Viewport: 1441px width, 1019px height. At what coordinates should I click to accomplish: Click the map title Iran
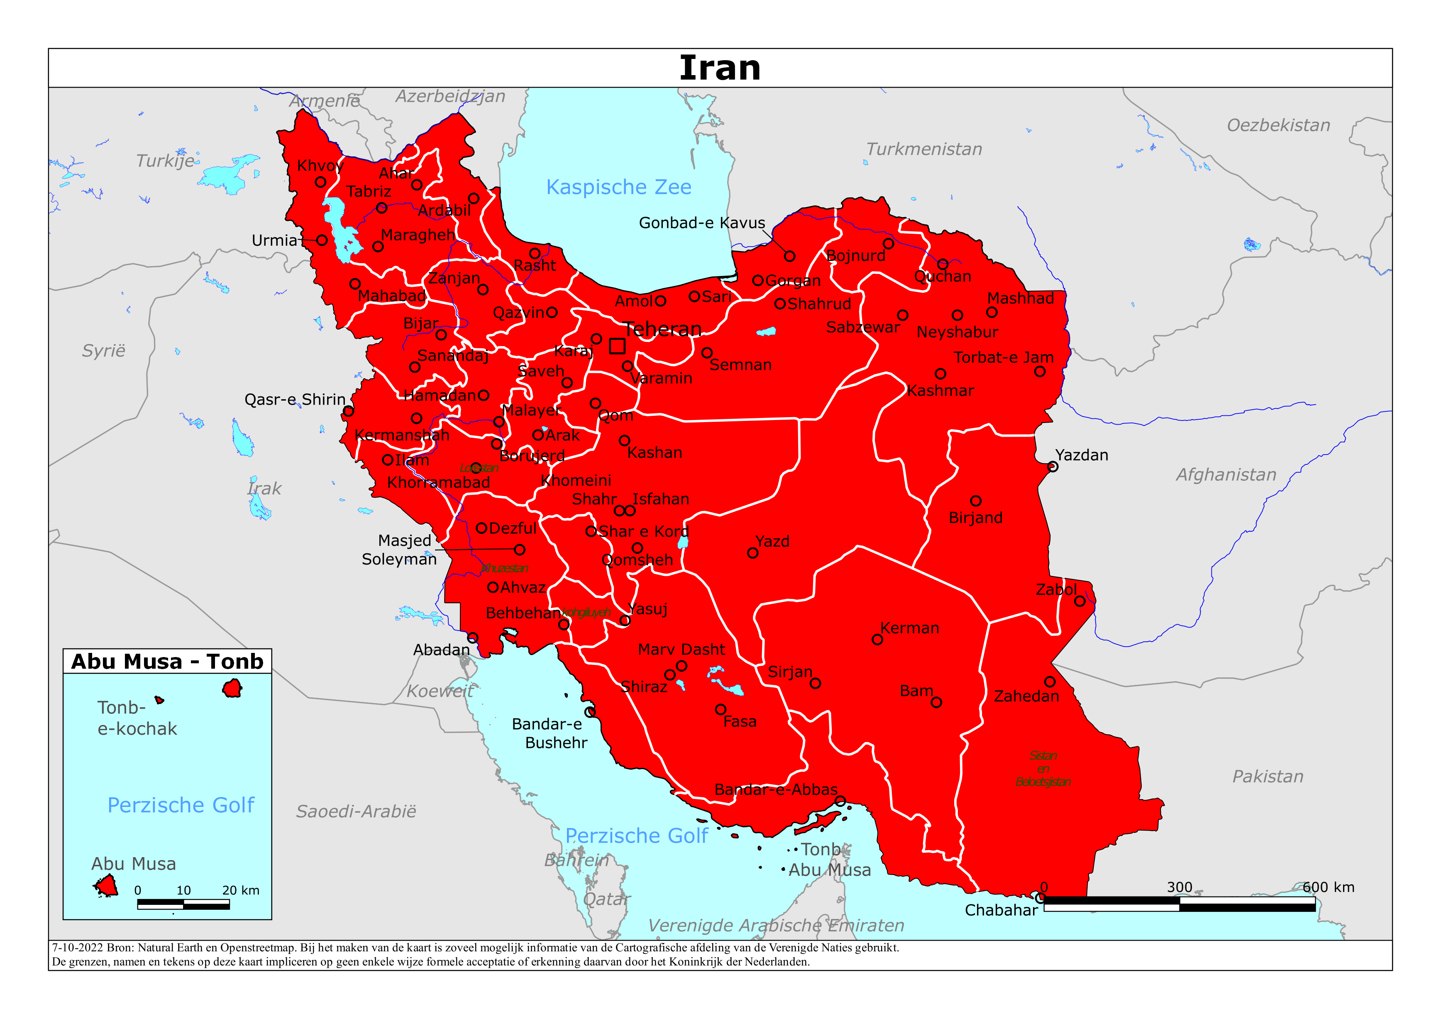720,68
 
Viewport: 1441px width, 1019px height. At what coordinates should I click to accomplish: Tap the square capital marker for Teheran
617,346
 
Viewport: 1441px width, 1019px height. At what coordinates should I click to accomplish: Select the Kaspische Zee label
618,187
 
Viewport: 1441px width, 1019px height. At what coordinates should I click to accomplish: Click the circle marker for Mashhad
992,312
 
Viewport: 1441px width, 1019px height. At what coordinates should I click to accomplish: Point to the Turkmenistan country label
924,149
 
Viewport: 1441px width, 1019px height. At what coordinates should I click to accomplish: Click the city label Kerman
909,628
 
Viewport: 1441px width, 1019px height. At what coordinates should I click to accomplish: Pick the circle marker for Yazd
752,552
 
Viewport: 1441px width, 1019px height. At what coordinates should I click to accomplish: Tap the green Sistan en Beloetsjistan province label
1043,768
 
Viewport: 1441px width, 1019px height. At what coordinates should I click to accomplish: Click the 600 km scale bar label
1328,887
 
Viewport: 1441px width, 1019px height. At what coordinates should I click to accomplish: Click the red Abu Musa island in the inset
107,886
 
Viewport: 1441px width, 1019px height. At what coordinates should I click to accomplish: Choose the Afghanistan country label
1226,475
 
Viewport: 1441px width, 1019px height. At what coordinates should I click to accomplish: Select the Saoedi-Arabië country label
356,811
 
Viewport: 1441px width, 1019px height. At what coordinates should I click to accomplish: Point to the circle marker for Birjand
975,501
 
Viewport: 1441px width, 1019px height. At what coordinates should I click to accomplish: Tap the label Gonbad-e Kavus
702,223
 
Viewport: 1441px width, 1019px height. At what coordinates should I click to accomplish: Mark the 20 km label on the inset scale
240,890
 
